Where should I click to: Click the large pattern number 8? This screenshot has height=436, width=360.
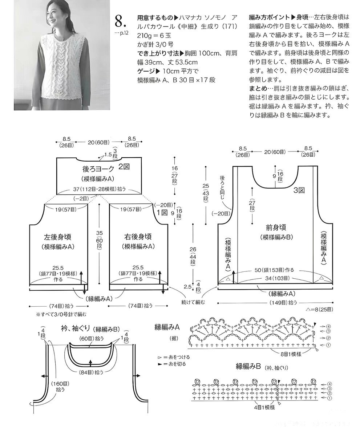coord(121,21)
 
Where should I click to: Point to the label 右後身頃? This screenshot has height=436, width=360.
coord(137,237)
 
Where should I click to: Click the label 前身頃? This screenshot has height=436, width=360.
coord(276,228)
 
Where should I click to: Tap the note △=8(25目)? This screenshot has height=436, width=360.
coord(319,310)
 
